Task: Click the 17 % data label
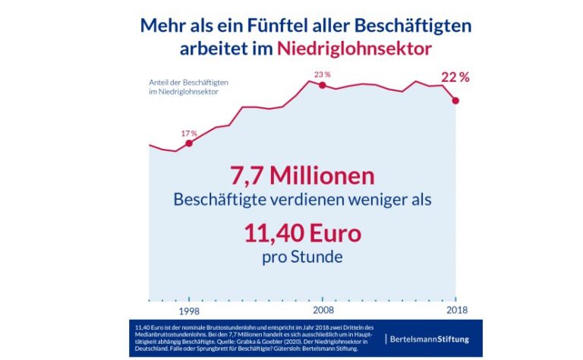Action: point(189,134)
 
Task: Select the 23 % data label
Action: point(323,74)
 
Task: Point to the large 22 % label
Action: point(455,77)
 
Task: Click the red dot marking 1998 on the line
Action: point(189,143)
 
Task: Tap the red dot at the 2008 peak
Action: point(323,85)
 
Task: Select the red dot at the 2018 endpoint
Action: point(455,100)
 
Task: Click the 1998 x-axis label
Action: point(189,310)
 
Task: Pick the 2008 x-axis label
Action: point(323,310)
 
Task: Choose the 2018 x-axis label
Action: point(455,310)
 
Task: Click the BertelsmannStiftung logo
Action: point(427,338)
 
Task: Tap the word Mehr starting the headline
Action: point(162,25)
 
